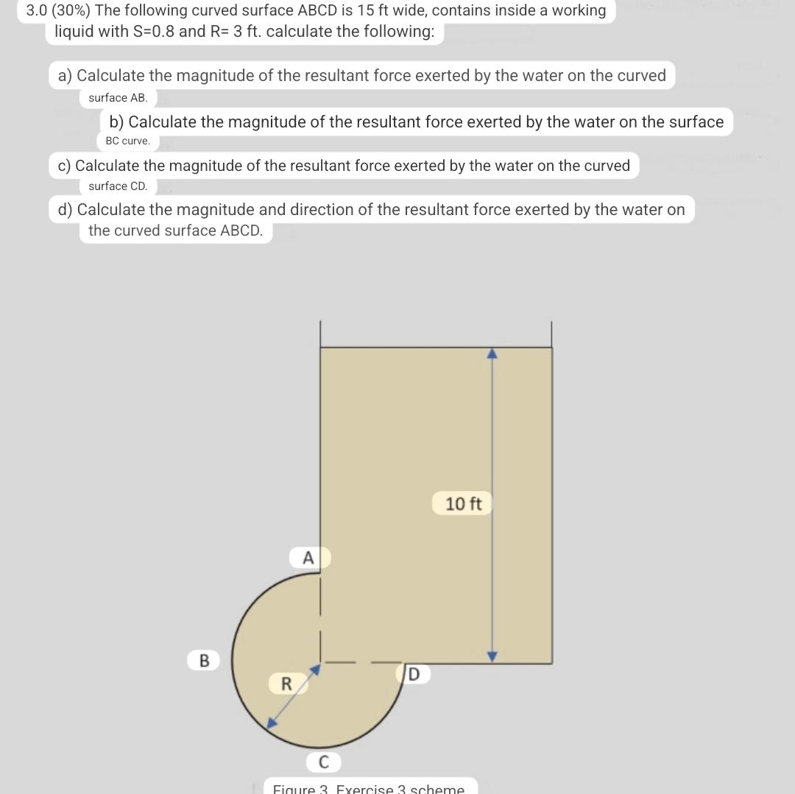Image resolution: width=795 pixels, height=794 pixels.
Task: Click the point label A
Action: (x=308, y=558)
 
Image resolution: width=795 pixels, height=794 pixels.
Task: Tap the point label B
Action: (x=204, y=660)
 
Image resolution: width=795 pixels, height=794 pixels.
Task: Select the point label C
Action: (x=323, y=760)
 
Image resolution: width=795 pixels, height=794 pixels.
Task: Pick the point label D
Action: (x=413, y=673)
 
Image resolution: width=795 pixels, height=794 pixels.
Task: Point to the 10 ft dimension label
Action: (x=463, y=504)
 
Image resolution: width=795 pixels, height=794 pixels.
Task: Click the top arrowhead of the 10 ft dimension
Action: (x=492, y=353)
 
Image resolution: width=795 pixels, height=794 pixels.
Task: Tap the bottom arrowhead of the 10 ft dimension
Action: (x=492, y=656)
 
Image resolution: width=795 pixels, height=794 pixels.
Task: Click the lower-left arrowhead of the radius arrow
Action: (x=272, y=723)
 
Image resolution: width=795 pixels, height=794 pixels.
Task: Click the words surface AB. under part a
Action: (x=118, y=97)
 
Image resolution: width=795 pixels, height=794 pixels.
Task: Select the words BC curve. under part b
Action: (x=127, y=140)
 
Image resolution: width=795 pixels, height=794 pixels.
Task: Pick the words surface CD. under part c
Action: (x=118, y=186)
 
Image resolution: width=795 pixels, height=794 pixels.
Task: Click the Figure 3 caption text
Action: (x=368, y=788)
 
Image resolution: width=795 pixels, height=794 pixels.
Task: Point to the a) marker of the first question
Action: (x=66, y=75)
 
